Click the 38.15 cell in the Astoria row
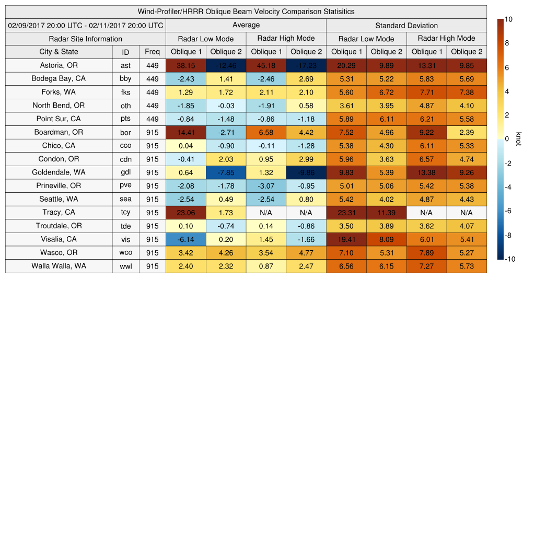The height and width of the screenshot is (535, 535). (x=185, y=65)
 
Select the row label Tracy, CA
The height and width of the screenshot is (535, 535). (x=59, y=213)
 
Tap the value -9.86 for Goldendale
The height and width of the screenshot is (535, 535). (x=306, y=172)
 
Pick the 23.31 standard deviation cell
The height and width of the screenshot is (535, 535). (x=346, y=213)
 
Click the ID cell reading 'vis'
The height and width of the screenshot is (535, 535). (x=125, y=239)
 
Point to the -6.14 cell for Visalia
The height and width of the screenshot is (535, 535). (x=185, y=239)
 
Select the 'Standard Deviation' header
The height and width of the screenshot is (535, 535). (x=406, y=26)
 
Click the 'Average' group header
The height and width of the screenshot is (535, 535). (x=246, y=25)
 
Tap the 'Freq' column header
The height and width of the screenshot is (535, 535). (x=153, y=52)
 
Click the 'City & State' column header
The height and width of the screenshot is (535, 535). (x=59, y=52)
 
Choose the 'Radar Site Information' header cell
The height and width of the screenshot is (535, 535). (x=85, y=39)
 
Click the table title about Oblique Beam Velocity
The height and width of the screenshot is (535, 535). (x=246, y=11)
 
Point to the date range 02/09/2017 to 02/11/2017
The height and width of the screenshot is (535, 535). (x=85, y=25)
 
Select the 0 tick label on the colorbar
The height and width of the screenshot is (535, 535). (x=507, y=139)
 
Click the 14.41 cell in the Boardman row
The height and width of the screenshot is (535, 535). (x=185, y=132)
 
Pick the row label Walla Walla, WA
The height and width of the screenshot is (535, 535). (x=59, y=266)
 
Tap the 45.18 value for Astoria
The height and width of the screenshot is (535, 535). (x=265, y=65)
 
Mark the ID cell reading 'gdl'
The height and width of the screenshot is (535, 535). (x=125, y=172)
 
